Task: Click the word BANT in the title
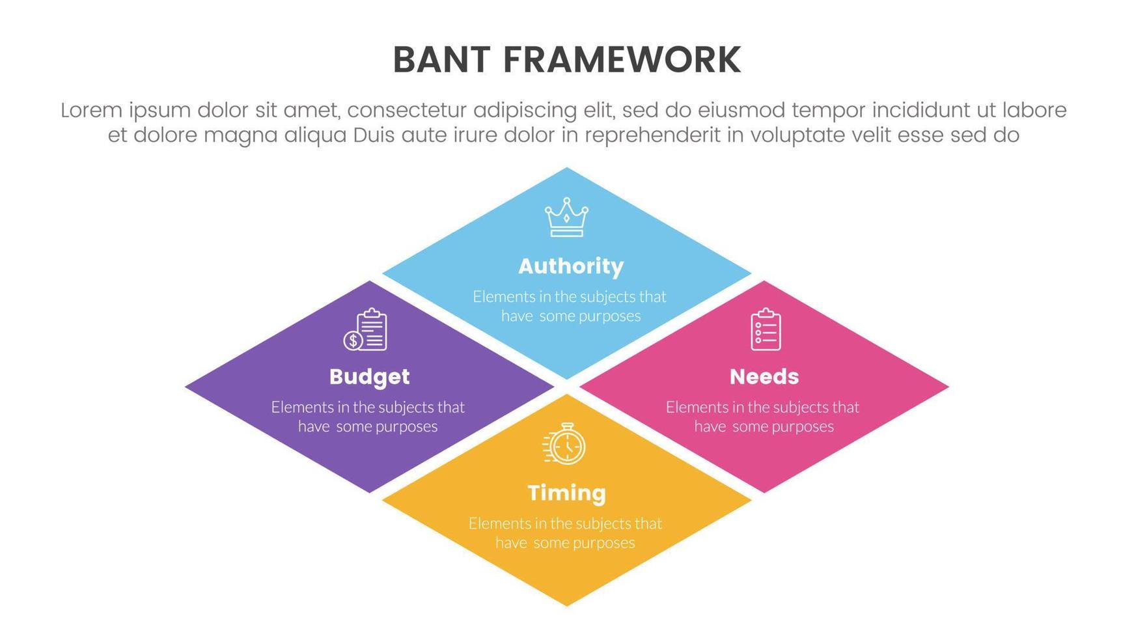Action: pos(441,60)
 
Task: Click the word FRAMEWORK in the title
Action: pos(622,60)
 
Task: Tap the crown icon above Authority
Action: pos(566,217)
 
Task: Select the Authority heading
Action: pos(571,266)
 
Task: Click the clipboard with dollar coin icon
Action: pos(365,329)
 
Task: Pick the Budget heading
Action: pos(369,376)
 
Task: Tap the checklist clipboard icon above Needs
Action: pos(766,329)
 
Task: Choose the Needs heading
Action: pos(764,376)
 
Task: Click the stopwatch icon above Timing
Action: pos(564,443)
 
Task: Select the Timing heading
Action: pos(566,493)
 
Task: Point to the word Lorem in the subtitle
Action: pos(91,110)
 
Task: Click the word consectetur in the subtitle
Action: pos(406,111)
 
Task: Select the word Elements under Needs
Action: pos(691,408)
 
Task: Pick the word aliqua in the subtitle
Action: pos(318,137)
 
